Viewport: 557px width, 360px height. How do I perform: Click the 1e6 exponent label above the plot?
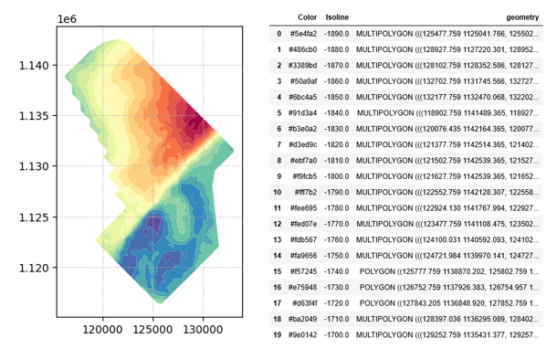click(x=68, y=17)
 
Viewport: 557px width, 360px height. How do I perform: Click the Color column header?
click(x=307, y=17)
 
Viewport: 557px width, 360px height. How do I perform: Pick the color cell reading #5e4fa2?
click(x=303, y=34)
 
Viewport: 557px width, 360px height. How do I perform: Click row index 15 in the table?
click(x=277, y=271)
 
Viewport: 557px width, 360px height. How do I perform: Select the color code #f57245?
click(x=303, y=271)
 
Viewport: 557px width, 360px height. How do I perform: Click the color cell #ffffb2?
click(x=303, y=192)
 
